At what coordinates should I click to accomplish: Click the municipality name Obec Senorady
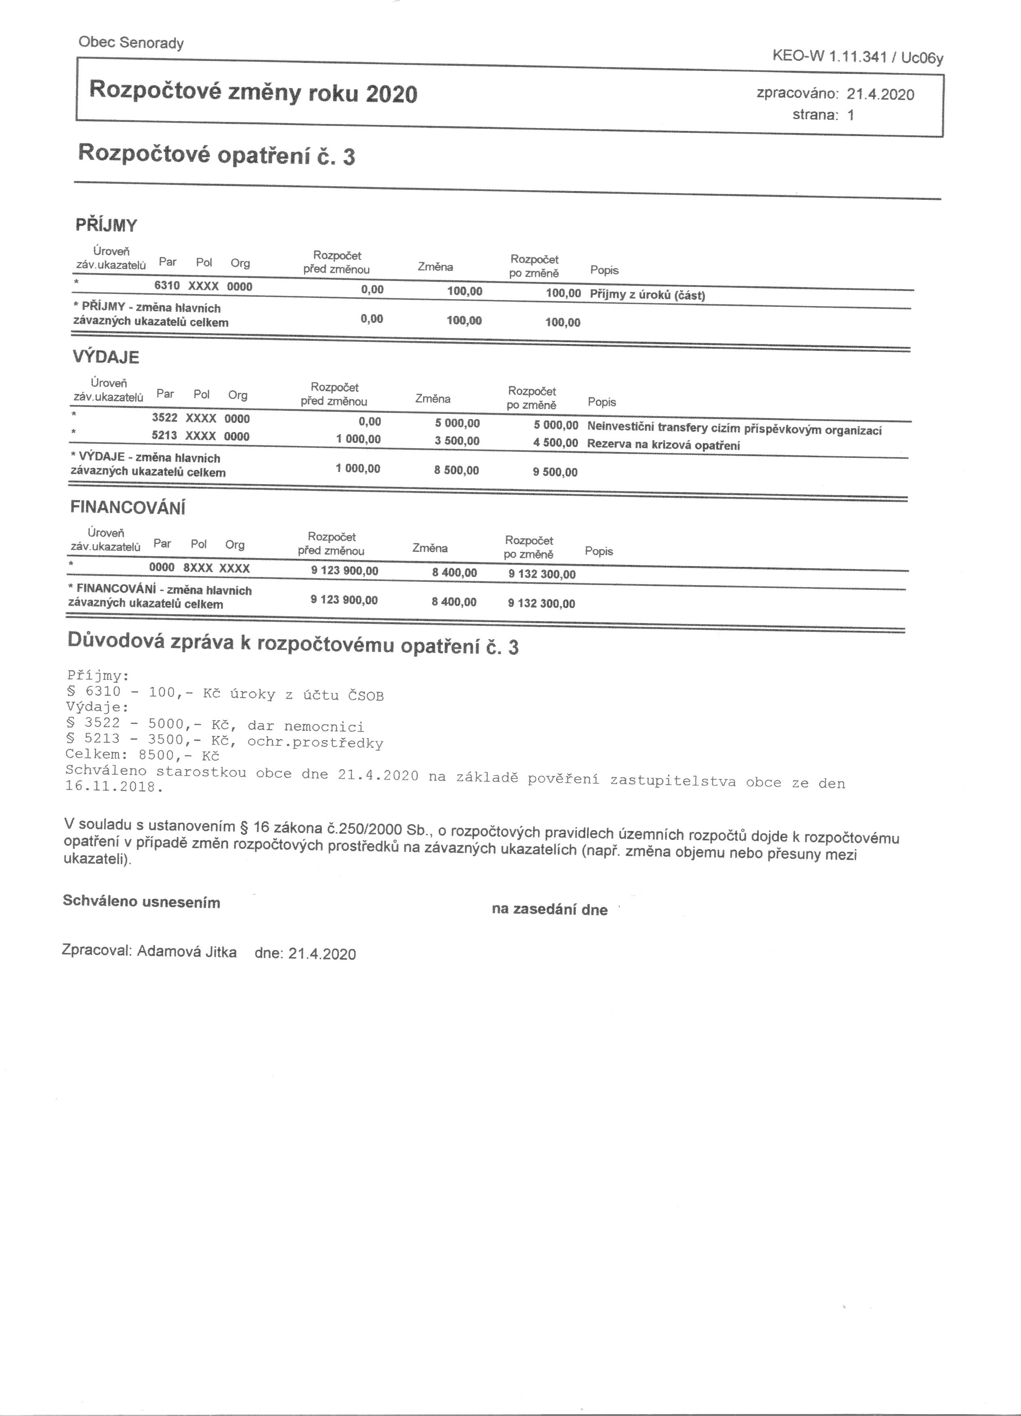click(x=131, y=43)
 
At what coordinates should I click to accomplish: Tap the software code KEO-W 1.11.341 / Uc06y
click(x=857, y=57)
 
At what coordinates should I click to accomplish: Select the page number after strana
click(x=851, y=115)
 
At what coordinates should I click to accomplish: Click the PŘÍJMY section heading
click(x=106, y=225)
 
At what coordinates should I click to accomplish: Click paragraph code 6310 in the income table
click(x=167, y=286)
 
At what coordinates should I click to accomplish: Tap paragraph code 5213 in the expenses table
click(x=164, y=436)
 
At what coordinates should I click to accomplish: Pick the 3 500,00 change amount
click(x=457, y=441)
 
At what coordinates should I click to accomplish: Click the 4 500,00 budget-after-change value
click(x=555, y=443)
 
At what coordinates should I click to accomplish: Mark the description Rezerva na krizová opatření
click(x=663, y=445)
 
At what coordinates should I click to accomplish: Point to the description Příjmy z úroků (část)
click(x=647, y=295)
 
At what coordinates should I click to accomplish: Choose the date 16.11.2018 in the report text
click(x=113, y=786)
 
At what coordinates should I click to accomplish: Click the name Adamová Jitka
click(x=187, y=952)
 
